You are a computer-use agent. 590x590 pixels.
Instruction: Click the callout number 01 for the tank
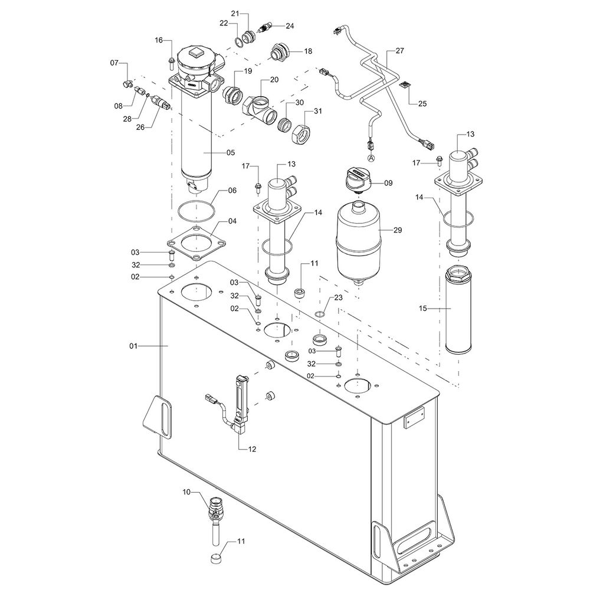[x=133, y=346]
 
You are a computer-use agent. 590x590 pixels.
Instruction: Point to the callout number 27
[x=399, y=51]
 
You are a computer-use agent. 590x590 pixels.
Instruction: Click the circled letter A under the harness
[x=371, y=158]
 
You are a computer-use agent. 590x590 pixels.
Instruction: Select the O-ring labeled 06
[x=195, y=211]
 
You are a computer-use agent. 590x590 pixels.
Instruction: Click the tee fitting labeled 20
[x=260, y=110]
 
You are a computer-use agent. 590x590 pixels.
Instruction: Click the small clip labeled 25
[x=405, y=87]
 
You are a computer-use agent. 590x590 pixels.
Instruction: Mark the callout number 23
[x=338, y=298]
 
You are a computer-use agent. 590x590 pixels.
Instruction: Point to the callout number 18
[x=307, y=51]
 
